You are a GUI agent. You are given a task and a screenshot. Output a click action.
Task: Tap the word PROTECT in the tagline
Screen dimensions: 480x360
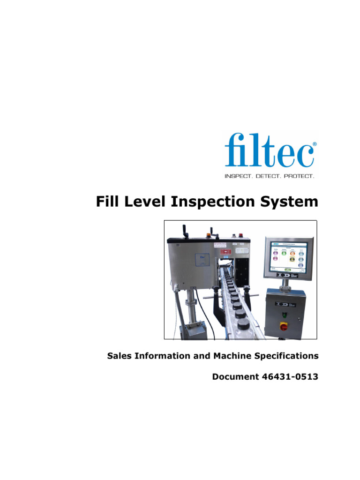click(x=297, y=176)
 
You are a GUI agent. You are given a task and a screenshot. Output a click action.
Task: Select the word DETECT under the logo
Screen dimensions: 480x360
click(x=268, y=176)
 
